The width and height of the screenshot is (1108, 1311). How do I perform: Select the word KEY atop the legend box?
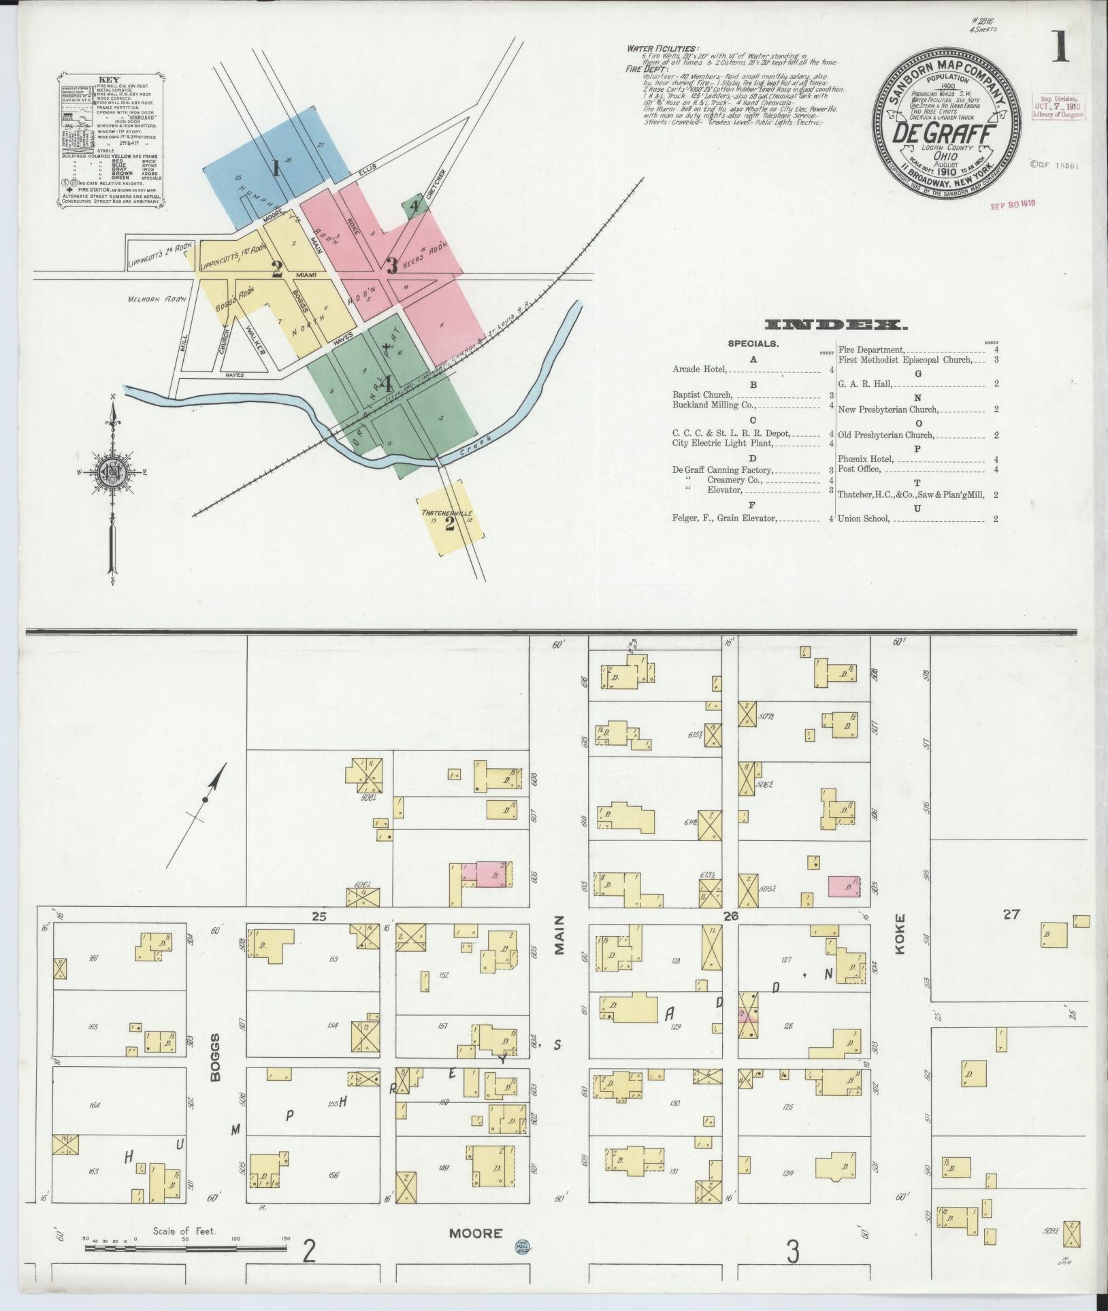pos(109,79)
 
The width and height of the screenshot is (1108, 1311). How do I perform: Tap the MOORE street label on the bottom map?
pos(476,1233)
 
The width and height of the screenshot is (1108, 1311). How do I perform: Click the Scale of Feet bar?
pos(186,1247)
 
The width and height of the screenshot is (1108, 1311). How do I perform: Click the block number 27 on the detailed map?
pos(1011,914)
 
